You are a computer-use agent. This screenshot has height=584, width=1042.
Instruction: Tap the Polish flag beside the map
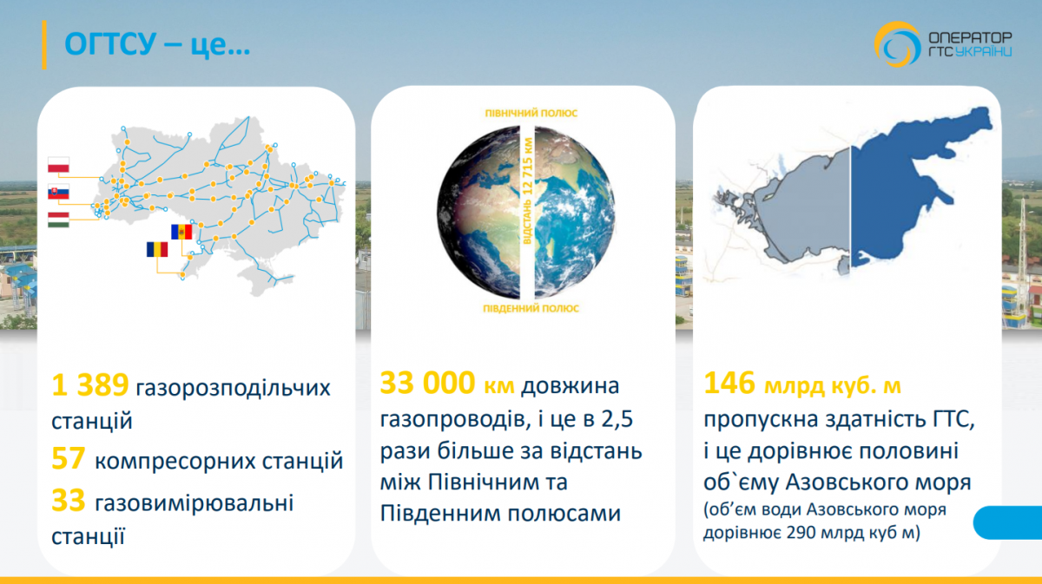point(59,166)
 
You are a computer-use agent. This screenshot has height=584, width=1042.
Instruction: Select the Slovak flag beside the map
point(59,193)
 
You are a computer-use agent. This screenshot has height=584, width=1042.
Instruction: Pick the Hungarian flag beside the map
point(59,219)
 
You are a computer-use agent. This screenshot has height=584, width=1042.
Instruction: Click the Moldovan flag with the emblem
point(182,232)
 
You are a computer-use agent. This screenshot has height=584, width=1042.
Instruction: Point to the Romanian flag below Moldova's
point(158,250)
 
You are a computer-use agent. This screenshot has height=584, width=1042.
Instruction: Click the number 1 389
point(90,385)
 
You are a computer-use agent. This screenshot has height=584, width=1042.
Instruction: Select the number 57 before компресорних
point(68,460)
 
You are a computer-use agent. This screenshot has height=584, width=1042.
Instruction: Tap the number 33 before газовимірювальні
point(68,500)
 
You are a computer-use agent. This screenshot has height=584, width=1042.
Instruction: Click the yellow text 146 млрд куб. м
point(808,384)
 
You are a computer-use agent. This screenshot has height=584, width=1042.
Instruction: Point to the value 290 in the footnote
point(802,534)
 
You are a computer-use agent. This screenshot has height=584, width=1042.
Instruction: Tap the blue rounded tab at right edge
point(1007,524)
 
